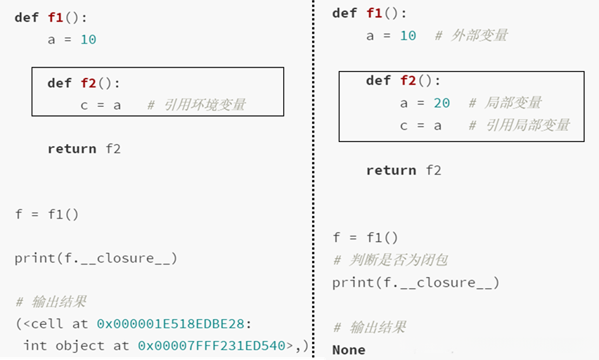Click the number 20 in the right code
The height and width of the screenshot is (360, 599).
coord(442,103)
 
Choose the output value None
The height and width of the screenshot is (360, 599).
coord(349,349)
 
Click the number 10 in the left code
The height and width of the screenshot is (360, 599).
coord(88,39)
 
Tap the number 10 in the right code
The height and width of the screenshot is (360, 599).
coord(408,35)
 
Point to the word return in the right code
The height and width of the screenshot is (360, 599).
coord(391,170)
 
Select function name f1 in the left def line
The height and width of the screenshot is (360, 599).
coord(56,17)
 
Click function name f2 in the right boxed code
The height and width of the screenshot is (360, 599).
coord(408,80)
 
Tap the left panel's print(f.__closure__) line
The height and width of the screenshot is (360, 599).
coord(96,258)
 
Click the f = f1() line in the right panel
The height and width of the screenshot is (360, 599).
coord(366,238)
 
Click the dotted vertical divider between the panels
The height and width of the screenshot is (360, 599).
coord(314,180)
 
